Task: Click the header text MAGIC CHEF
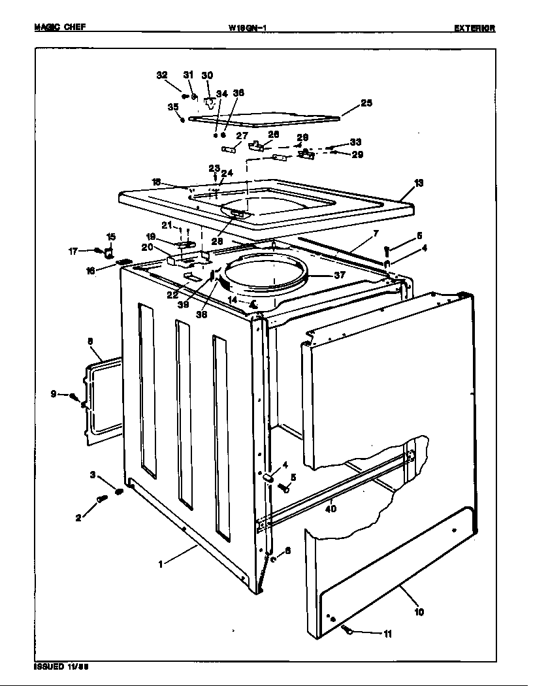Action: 59,27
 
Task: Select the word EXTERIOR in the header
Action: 474,28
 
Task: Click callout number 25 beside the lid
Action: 366,103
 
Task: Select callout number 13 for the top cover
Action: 418,183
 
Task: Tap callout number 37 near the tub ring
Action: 339,275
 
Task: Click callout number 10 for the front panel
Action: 419,612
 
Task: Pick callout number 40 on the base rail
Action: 330,509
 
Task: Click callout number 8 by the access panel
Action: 90,340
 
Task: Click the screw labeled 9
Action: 74,396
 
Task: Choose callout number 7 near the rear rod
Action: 376,233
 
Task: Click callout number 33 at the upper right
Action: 355,142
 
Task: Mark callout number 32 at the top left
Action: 162,75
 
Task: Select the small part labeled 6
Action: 274,559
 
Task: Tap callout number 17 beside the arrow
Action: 73,250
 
